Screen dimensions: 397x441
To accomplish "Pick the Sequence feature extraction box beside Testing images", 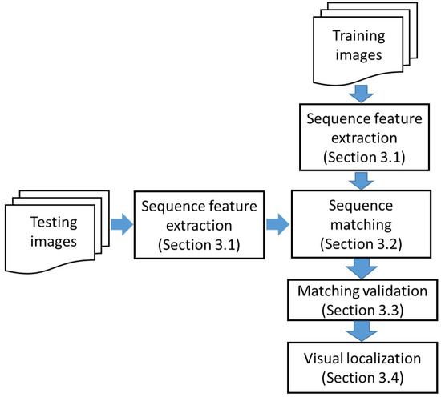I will click(x=190, y=220).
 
